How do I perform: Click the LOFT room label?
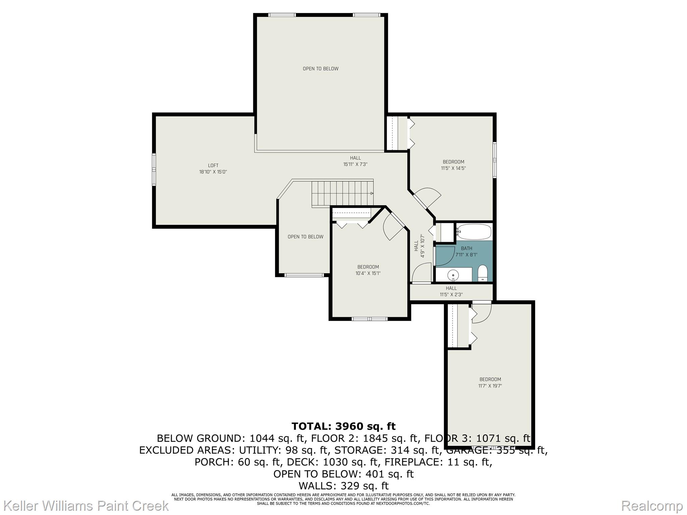pos(213,165)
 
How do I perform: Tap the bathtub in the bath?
pos(474,232)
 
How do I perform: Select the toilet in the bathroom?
pos(482,273)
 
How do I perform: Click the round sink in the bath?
pos(453,275)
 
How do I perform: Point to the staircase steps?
pos(342,193)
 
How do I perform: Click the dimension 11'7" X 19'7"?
pos(490,386)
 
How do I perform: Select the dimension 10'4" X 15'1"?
pos(368,273)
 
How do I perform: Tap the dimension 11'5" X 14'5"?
pos(453,168)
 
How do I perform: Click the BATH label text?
pos(466,248)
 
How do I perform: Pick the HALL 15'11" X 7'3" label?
pos(355,161)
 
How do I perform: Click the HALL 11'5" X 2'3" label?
pos(451,291)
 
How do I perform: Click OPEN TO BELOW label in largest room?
pos(320,69)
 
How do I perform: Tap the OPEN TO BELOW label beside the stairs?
pos(305,237)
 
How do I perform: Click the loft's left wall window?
pos(154,169)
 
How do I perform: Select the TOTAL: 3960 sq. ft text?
pos(343,426)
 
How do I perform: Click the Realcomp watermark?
pos(652,506)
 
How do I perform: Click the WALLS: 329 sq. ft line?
pos(343,485)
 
